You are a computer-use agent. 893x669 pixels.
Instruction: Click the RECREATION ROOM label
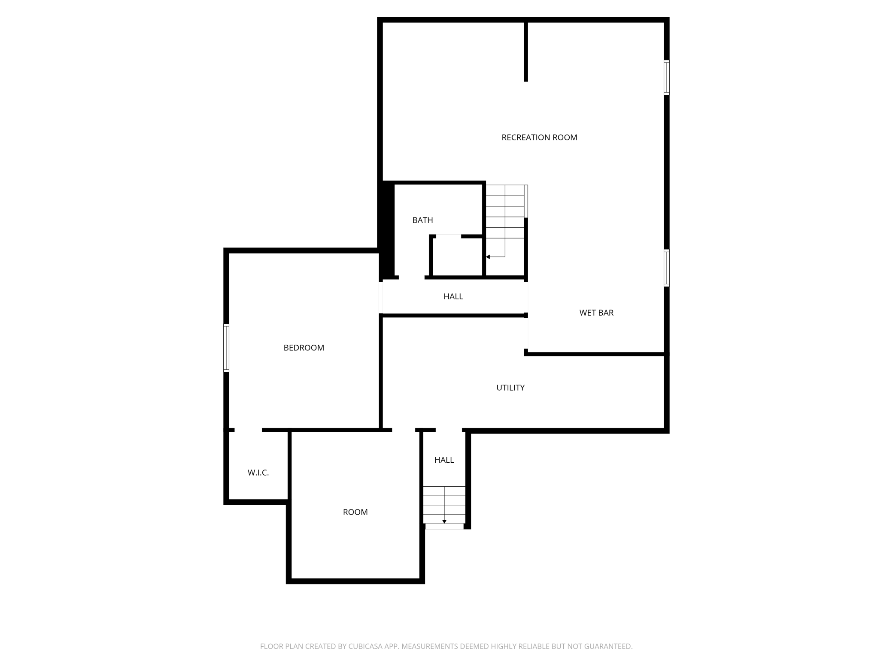(x=539, y=137)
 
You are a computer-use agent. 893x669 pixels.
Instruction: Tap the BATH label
(x=422, y=220)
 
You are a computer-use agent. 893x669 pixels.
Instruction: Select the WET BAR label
(x=596, y=313)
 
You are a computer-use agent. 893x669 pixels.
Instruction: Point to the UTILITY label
(x=510, y=388)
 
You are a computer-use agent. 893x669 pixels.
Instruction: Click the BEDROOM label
(x=304, y=348)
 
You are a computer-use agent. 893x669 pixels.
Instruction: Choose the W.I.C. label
(x=258, y=473)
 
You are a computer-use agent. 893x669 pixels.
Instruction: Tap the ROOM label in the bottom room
(x=355, y=512)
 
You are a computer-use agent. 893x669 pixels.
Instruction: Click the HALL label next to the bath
(x=453, y=296)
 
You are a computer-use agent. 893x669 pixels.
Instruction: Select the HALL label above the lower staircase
(x=444, y=460)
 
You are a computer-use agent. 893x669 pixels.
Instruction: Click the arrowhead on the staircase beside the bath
(x=488, y=257)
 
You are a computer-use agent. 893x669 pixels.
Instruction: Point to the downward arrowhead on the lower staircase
(x=444, y=521)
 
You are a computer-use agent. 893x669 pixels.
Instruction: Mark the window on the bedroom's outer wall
(x=226, y=347)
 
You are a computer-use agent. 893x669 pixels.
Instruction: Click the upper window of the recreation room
(x=666, y=77)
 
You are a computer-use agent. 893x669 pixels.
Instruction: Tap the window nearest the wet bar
(x=666, y=268)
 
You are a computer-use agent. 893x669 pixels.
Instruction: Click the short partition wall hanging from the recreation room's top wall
(x=526, y=51)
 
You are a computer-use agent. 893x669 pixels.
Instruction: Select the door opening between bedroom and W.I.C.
(x=248, y=430)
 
